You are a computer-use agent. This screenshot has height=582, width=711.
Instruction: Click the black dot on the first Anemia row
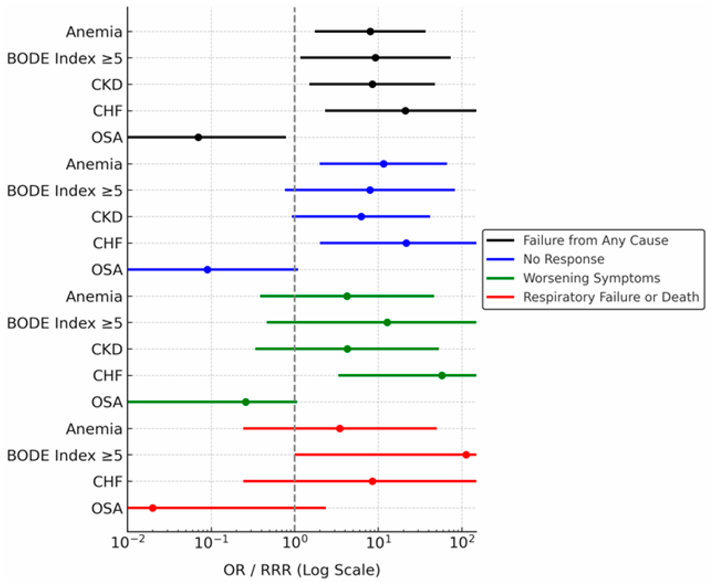click(x=370, y=32)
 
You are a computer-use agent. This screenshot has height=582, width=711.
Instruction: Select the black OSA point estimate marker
click(x=198, y=137)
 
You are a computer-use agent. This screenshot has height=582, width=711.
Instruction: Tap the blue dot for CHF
click(x=406, y=243)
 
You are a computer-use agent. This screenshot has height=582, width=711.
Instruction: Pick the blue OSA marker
click(x=207, y=269)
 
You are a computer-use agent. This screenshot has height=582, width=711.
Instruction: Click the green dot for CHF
click(x=442, y=375)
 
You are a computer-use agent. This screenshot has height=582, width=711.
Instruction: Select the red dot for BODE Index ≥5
click(x=466, y=455)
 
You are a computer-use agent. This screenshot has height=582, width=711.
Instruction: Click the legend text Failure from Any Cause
click(x=595, y=240)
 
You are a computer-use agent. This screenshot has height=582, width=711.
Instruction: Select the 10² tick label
click(x=462, y=542)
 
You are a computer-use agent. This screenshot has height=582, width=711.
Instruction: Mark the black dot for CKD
click(x=372, y=84)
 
